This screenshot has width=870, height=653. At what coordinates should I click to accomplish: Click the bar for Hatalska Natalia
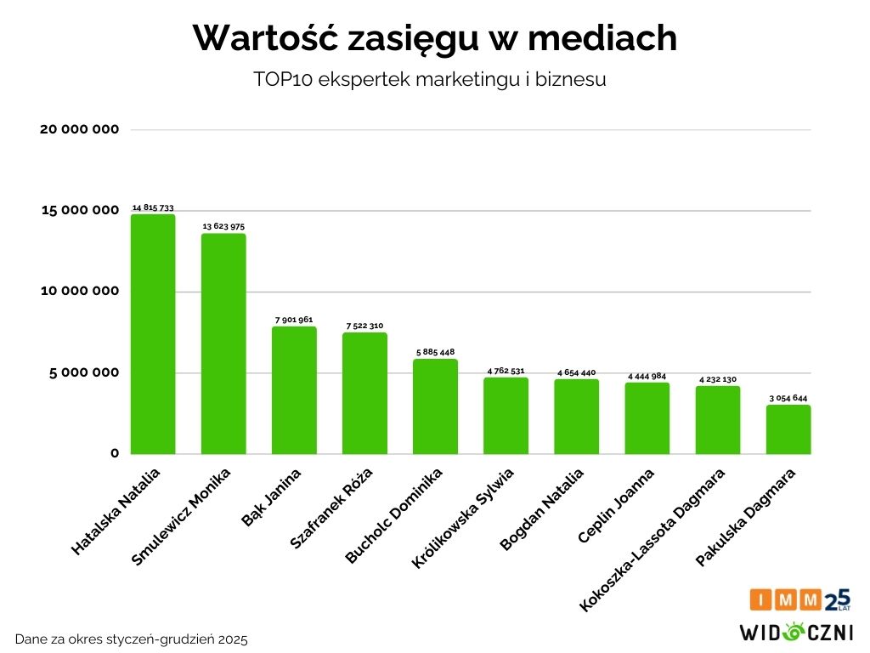click(153, 334)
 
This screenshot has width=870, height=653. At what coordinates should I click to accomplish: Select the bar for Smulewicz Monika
click(223, 344)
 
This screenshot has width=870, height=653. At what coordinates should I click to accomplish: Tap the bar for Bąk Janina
click(294, 390)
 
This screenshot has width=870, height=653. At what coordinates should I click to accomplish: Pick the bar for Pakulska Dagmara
click(788, 429)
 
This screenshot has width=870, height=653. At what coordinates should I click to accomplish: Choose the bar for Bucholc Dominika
click(435, 406)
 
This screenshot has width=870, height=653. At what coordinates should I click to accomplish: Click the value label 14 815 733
click(153, 207)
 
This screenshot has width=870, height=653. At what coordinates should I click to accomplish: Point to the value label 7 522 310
click(364, 326)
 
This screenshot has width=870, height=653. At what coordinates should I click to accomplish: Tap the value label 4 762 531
click(506, 371)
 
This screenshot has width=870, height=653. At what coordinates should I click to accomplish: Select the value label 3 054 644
click(788, 398)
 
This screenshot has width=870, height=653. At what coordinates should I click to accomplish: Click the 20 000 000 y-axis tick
click(80, 129)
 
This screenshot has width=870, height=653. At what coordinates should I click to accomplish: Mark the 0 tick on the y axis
click(114, 453)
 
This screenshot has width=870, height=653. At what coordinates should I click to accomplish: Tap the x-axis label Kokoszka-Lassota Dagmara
click(652, 539)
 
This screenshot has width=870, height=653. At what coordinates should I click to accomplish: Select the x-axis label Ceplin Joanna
click(616, 506)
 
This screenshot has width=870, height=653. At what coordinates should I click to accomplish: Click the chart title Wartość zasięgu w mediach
click(435, 38)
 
